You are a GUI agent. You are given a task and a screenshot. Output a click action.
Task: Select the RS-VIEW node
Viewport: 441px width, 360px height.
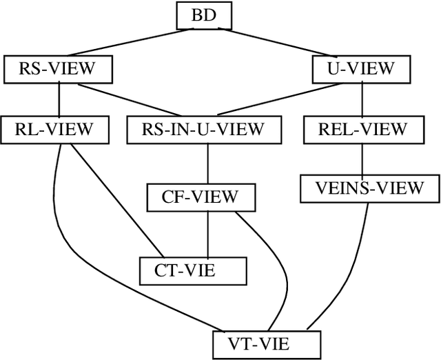click(x=59, y=68)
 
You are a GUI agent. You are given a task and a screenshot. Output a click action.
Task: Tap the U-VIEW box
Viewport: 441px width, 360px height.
click(x=362, y=68)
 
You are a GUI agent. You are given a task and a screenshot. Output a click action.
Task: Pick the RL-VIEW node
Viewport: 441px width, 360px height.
click(x=59, y=128)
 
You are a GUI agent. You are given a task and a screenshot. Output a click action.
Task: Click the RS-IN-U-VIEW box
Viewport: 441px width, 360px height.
click(x=205, y=128)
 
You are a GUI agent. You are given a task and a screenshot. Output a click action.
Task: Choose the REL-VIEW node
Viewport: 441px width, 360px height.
click(x=362, y=128)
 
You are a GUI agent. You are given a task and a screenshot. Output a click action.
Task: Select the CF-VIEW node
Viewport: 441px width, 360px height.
click(x=199, y=197)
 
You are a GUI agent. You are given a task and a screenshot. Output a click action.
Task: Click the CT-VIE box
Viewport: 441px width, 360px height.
click(x=192, y=270)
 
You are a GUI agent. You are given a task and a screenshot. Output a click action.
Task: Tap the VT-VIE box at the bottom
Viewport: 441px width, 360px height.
click(x=267, y=343)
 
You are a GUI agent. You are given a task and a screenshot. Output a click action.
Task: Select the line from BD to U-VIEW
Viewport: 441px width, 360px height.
click(x=283, y=43)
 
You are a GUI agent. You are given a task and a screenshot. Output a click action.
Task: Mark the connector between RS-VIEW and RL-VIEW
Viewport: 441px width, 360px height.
click(x=59, y=99)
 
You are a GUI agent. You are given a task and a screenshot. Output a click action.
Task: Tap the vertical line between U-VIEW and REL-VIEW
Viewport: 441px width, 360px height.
click(x=362, y=99)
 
